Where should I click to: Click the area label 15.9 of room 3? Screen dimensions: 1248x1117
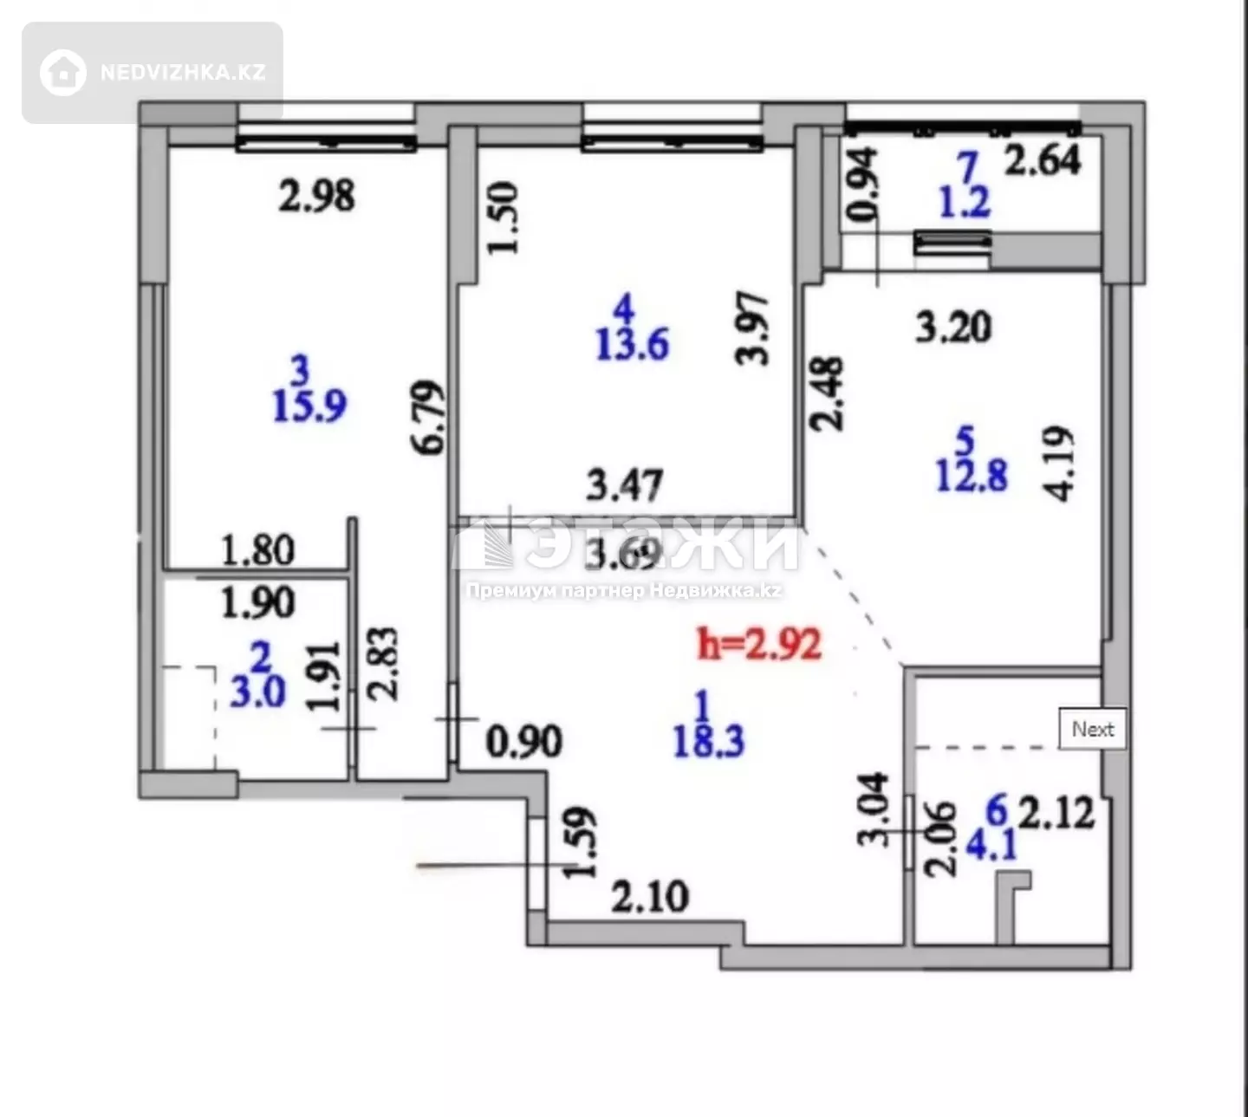(309, 406)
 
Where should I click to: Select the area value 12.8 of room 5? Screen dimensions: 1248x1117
(972, 476)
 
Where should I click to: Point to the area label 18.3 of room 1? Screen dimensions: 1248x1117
(708, 741)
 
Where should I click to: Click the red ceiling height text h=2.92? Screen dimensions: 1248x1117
(759, 645)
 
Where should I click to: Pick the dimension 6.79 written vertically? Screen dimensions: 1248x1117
(429, 418)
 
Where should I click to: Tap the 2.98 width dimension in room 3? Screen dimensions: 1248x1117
(316, 196)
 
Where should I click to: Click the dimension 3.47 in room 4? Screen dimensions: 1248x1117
(624, 484)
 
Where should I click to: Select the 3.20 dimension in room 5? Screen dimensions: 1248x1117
(953, 327)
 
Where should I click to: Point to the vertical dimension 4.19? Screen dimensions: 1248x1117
(1057, 463)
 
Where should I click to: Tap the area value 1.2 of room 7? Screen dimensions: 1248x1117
(965, 202)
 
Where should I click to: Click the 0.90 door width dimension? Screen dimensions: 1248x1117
(524, 741)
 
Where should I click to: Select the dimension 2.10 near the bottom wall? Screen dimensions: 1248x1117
(649, 896)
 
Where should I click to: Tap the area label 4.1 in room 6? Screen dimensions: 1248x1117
(991, 845)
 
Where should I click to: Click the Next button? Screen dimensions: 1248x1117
(1093, 729)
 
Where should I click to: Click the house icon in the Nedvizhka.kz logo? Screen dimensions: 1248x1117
(62, 73)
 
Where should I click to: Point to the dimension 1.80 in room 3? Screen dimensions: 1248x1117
(258, 550)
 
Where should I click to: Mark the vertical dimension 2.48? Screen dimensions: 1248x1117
(826, 394)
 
